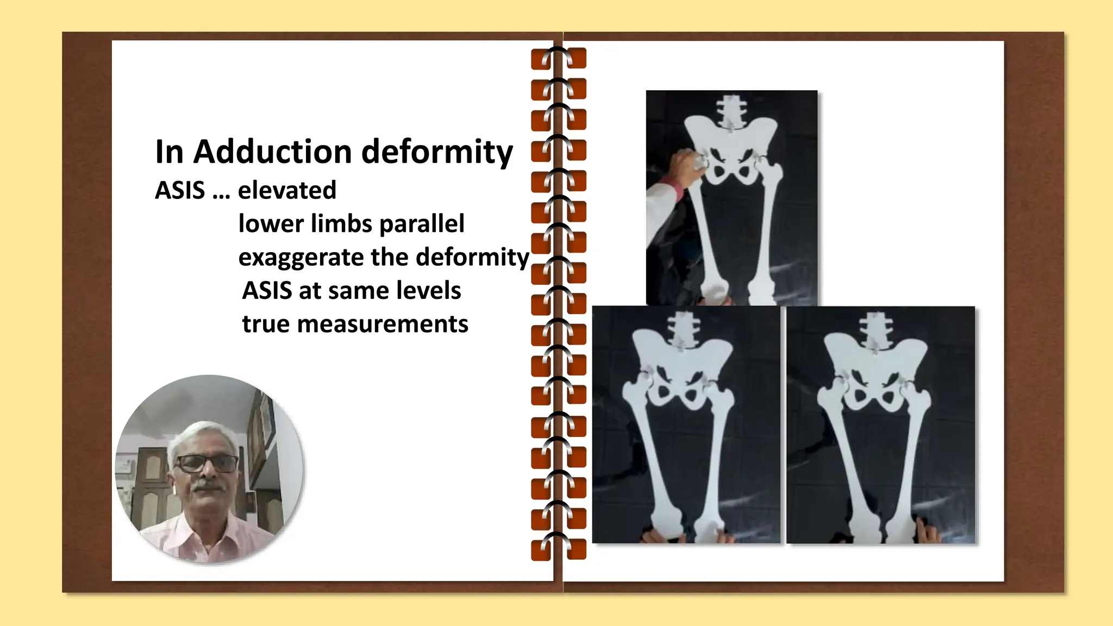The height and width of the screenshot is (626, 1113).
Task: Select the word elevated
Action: click(287, 190)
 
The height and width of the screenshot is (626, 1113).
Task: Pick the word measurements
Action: click(382, 324)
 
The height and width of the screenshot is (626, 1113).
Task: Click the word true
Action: click(266, 324)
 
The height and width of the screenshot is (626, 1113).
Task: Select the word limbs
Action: click(342, 223)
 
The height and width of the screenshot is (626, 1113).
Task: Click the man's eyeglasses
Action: click(207, 463)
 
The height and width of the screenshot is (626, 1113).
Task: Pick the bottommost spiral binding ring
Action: click(558, 548)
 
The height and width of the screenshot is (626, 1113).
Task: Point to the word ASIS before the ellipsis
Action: click(180, 190)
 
